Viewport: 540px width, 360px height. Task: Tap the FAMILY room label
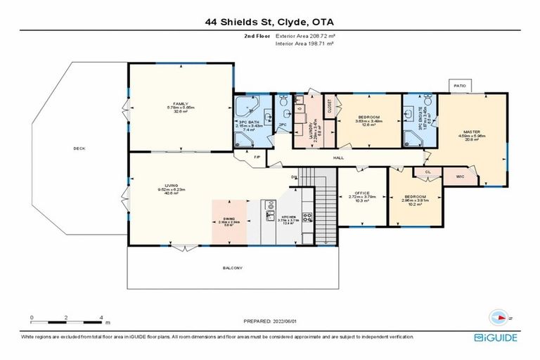click(180, 103)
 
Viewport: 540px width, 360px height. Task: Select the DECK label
click(79, 148)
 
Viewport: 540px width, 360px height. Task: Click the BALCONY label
click(232, 268)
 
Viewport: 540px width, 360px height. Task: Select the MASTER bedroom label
click(470, 132)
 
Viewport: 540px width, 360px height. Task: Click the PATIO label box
click(460, 86)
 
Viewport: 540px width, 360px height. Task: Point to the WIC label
click(460, 176)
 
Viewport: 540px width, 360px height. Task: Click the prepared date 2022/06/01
click(270, 321)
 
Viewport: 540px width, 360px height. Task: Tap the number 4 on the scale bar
click(101, 318)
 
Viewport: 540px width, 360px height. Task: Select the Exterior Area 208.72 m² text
click(304, 34)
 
